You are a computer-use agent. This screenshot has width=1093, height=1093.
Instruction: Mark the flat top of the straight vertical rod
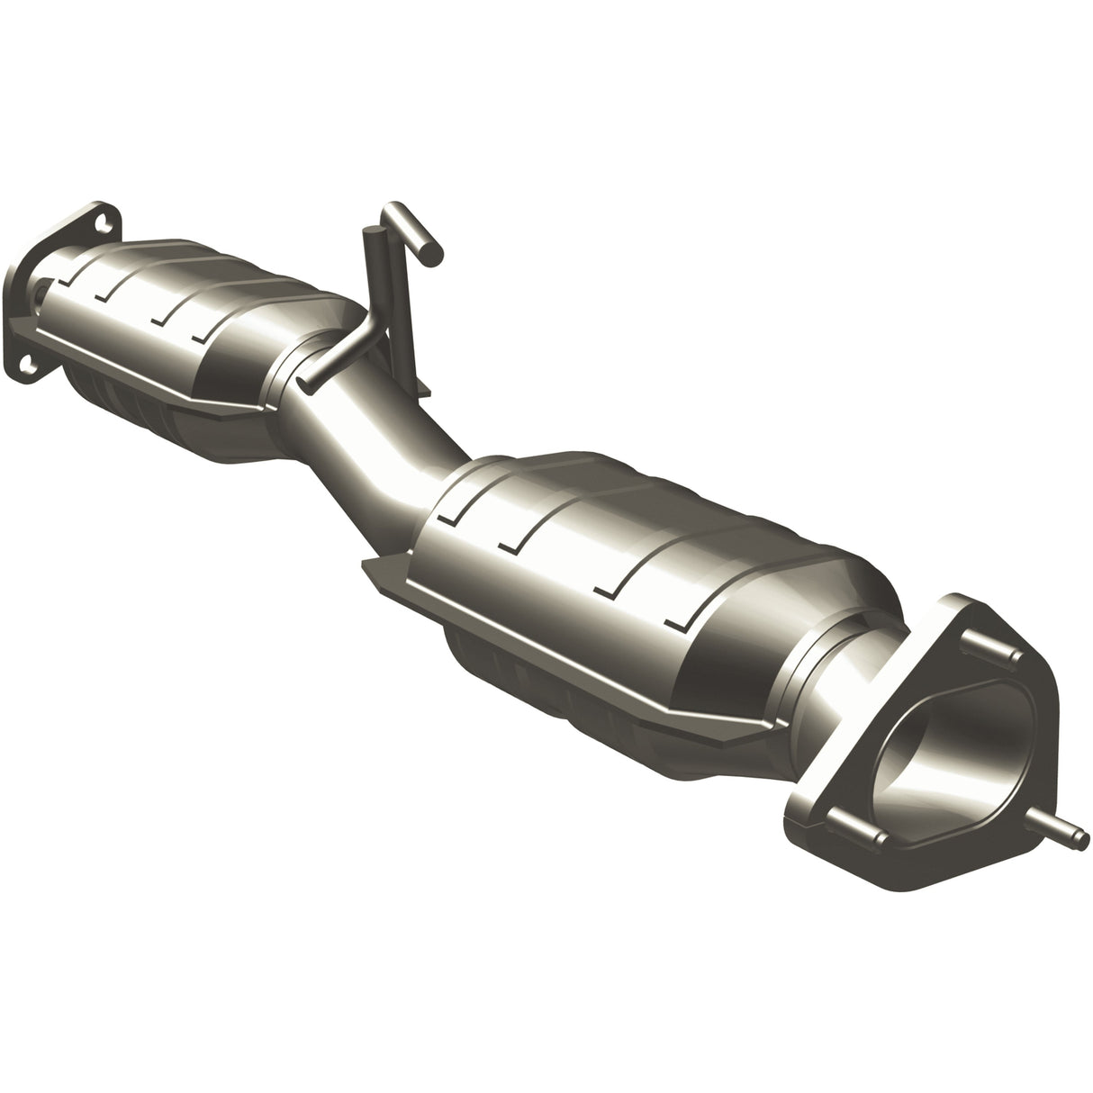368,232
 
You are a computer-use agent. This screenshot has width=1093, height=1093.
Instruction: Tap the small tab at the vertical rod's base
420,388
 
